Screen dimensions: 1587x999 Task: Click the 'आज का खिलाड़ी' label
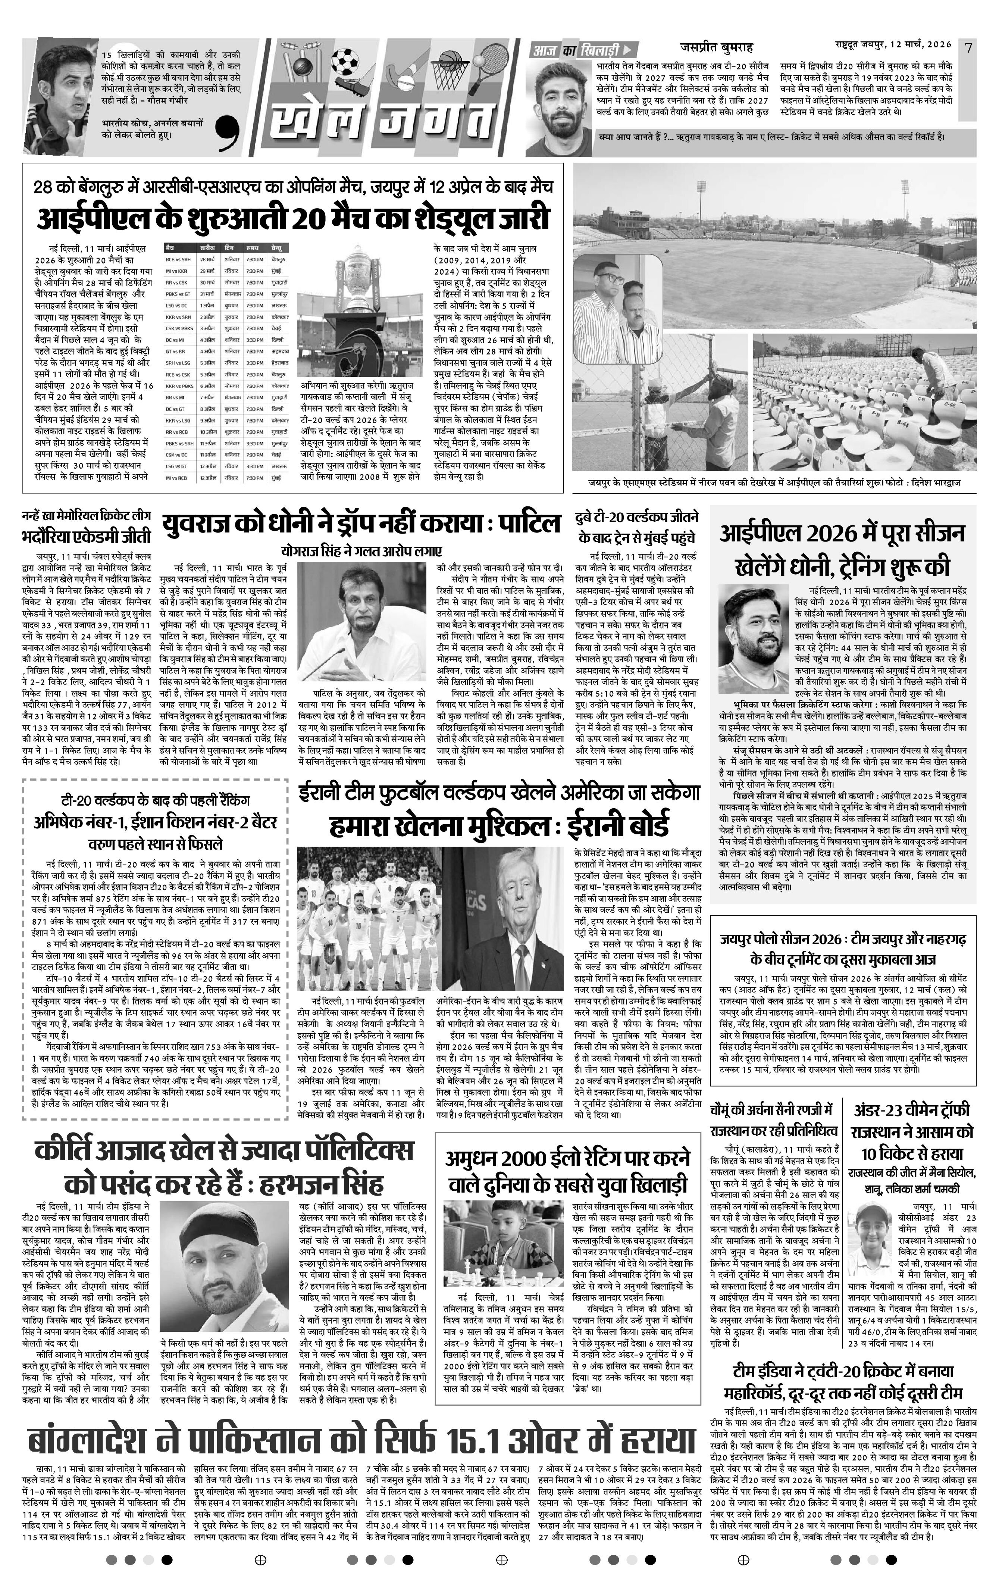(580, 49)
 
